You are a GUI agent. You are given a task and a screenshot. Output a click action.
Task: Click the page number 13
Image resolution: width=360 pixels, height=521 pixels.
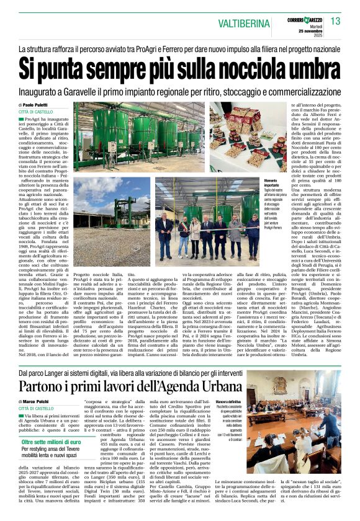coord(336,21)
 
